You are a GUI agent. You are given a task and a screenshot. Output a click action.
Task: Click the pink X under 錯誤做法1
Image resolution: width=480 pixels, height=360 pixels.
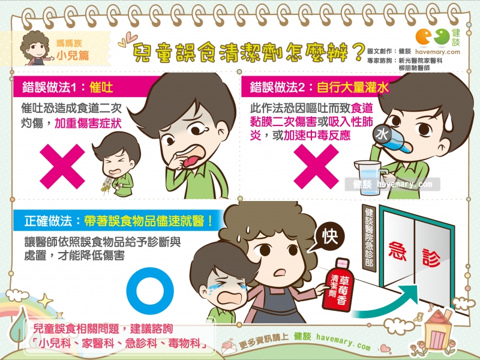tap(62, 167)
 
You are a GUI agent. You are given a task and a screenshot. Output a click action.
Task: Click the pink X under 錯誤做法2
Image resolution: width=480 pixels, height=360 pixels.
tap(316, 167)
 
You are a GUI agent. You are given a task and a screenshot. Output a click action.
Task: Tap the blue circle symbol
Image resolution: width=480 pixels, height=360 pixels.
tap(150, 291)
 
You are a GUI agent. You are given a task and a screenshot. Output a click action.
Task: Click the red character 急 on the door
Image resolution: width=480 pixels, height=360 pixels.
tap(397, 251)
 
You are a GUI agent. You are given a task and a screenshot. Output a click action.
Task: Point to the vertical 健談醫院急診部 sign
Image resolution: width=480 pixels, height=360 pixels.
tap(369, 238)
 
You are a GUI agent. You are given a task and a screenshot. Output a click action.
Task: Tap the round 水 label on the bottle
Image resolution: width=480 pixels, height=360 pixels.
tap(382, 134)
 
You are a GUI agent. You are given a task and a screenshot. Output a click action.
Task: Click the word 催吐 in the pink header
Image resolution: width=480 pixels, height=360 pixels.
tap(101, 88)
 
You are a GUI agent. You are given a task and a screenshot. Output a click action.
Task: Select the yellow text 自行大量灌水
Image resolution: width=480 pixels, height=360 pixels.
tap(353, 88)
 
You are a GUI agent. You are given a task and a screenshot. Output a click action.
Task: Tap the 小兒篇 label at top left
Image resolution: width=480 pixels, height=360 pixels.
tap(73, 55)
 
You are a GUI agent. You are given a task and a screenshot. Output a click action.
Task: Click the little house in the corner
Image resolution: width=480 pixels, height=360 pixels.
tap(439, 330)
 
